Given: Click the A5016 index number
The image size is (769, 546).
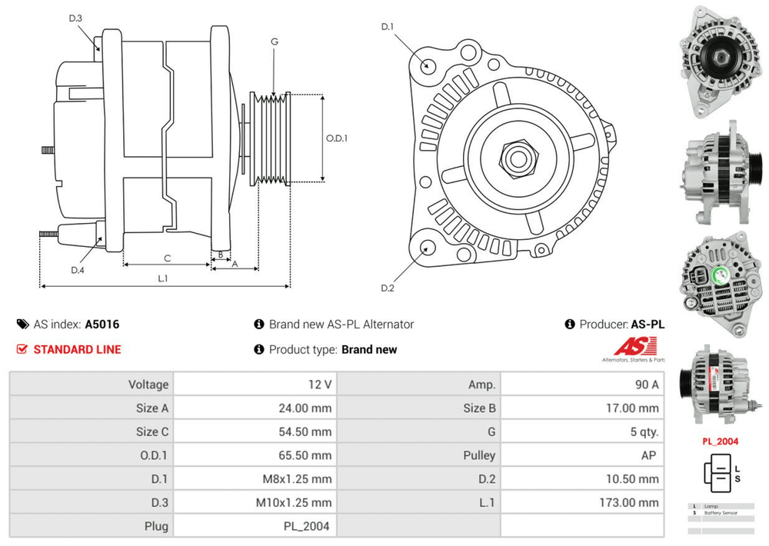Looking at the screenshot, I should pyautogui.click(x=102, y=325).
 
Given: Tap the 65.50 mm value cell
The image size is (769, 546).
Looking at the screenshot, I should pyautogui.click(x=305, y=455).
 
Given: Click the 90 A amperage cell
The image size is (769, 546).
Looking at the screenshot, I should pyautogui.click(x=644, y=385).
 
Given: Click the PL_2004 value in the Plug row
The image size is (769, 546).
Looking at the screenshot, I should pyautogui.click(x=306, y=526).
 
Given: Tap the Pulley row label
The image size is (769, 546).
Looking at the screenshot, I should pyautogui.click(x=480, y=455).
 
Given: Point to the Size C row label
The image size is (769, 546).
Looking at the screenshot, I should pyautogui.click(x=152, y=431).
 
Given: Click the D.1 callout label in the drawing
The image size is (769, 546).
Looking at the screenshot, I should pyautogui.click(x=388, y=27).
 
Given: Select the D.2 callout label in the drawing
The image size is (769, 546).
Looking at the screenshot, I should pyautogui.click(x=388, y=288).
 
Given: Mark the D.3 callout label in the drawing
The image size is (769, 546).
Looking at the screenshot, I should pyautogui.click(x=75, y=18).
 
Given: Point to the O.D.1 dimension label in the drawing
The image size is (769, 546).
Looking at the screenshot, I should pyautogui.click(x=337, y=139).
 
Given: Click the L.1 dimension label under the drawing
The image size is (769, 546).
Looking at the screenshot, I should pyautogui.click(x=163, y=278).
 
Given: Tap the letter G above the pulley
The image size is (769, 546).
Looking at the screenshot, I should pyautogui.click(x=275, y=41).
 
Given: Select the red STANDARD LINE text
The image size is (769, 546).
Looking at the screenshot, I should pyautogui.click(x=77, y=349).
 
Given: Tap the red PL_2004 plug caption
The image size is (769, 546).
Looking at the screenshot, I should pyautogui.click(x=720, y=441).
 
